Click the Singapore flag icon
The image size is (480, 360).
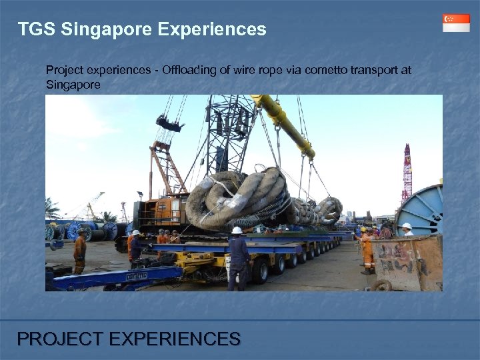(x=456, y=23)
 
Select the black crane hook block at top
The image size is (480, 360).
(x=169, y=123)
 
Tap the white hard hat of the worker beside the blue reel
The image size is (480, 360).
(x=406, y=227)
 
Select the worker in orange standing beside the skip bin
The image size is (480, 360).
(x=367, y=250)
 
